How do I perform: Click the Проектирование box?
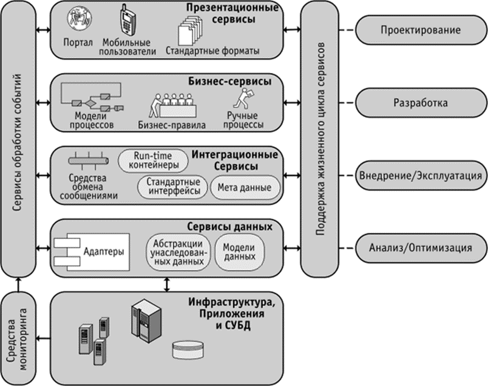(420, 30)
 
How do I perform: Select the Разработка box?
(420, 103)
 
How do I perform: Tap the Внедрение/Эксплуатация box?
(420, 176)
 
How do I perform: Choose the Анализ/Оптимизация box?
(420, 247)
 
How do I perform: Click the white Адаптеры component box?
(93, 252)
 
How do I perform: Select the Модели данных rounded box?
(240, 252)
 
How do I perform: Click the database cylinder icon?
(189, 350)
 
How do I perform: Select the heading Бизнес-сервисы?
(229, 80)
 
